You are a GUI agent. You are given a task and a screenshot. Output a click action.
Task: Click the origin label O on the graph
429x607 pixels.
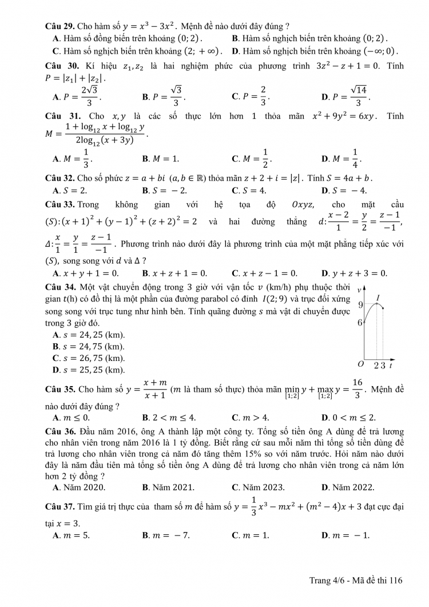click(360, 364)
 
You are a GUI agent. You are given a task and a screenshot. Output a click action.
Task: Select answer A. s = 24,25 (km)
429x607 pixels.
click(88, 334)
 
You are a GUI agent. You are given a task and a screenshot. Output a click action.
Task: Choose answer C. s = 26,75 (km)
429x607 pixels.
click(88, 358)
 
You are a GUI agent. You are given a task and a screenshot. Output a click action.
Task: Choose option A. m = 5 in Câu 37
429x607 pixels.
click(71, 535)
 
